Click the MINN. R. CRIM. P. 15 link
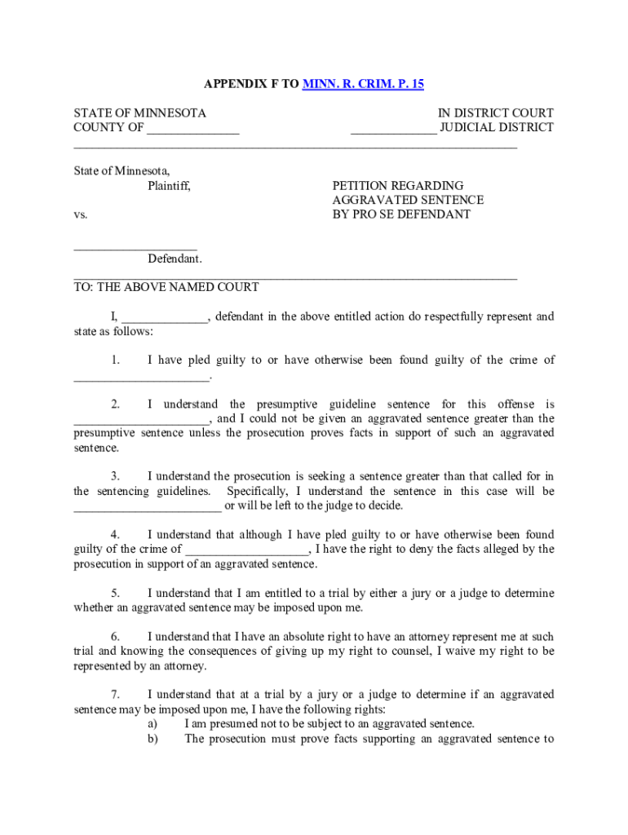pyautogui.click(x=363, y=84)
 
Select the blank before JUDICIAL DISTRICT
pyautogui.click(x=393, y=129)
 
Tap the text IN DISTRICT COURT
pyautogui.click(x=495, y=113)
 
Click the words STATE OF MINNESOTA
pyautogui.click(x=139, y=113)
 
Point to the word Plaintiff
pyautogui.click(x=169, y=186)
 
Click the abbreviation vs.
pyautogui.click(x=81, y=214)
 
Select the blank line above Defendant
pyautogui.click(x=135, y=246)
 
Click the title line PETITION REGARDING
pyautogui.click(x=398, y=186)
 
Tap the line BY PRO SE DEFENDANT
pyautogui.click(x=401, y=214)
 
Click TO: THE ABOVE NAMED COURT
pyautogui.click(x=166, y=287)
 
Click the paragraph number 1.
pyautogui.click(x=116, y=360)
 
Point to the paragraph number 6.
pyautogui.click(x=116, y=636)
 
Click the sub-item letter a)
pyautogui.click(x=152, y=724)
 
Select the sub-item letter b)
pyautogui.click(x=152, y=739)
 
